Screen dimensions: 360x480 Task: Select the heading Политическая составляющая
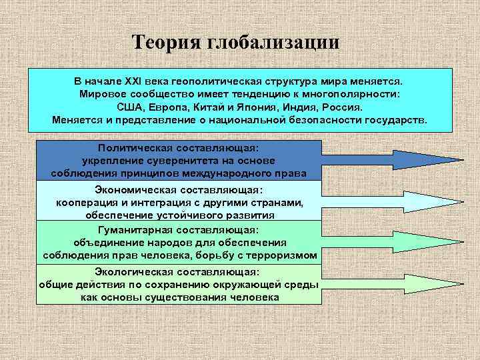[x=178, y=148]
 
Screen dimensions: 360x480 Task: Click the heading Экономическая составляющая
[x=178, y=191]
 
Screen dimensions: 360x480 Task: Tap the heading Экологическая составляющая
[x=178, y=272]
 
